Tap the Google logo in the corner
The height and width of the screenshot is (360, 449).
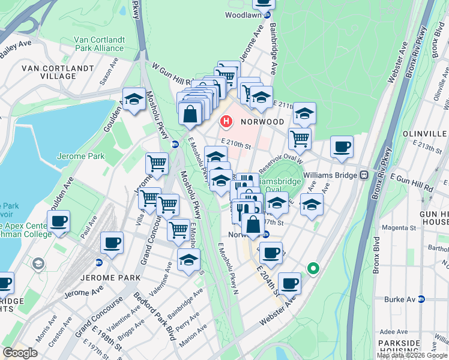tap(20, 353)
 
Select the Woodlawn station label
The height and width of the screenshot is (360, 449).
tap(244, 15)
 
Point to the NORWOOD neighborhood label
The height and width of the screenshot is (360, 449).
tap(262, 122)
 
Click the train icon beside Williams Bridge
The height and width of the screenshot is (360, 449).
tap(364, 175)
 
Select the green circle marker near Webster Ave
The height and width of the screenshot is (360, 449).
tap(312, 269)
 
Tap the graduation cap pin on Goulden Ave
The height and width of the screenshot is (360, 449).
tap(134, 100)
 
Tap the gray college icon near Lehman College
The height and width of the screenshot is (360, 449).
tap(38, 263)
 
